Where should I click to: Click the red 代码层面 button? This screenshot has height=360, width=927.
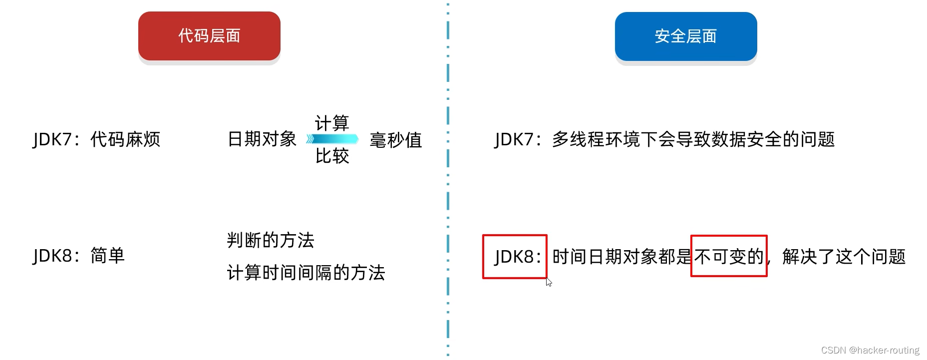click(x=209, y=36)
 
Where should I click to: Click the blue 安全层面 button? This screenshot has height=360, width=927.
click(x=685, y=36)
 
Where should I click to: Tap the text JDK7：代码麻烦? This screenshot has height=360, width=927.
click(x=96, y=139)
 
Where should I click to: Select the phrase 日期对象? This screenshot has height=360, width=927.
click(x=262, y=139)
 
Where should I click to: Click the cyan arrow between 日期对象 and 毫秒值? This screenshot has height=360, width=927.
click(x=332, y=139)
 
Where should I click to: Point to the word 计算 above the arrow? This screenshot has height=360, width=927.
click(x=332, y=123)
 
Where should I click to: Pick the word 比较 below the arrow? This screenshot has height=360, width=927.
click(x=332, y=156)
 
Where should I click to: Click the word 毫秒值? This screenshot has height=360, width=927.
click(x=396, y=140)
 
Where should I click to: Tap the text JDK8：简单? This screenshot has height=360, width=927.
click(x=79, y=256)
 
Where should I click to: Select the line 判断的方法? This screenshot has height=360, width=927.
click(x=271, y=240)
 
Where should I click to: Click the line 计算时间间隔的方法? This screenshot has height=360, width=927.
click(x=306, y=273)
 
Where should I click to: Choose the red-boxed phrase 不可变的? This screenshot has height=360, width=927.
click(x=729, y=257)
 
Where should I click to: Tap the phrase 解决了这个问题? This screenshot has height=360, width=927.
click(x=844, y=257)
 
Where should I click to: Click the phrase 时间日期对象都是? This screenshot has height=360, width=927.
click(x=621, y=257)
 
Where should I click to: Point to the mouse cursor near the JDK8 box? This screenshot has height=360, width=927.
click(x=549, y=282)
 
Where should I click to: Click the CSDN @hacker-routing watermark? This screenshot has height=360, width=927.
click(x=870, y=351)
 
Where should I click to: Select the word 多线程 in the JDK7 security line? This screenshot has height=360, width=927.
click(x=578, y=139)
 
